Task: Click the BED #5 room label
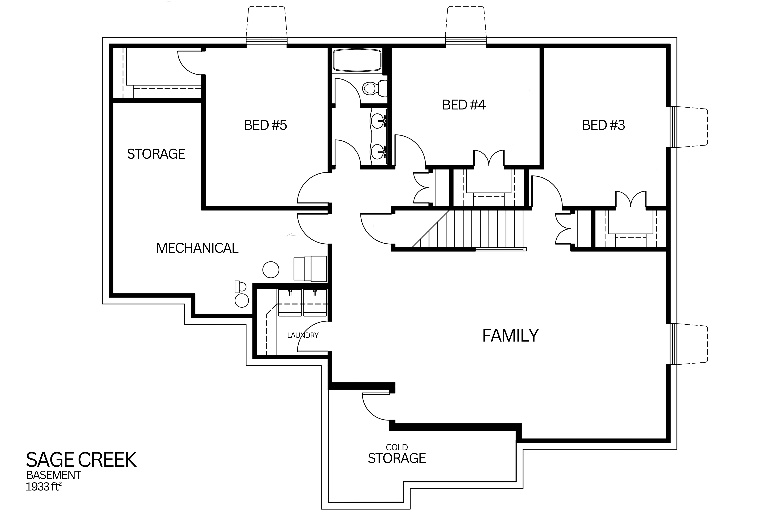tap(265, 125)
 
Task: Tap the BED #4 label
tap(464, 105)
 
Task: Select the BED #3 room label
tap(603, 125)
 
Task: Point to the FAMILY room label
tap(510, 336)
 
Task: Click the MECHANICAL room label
tap(197, 248)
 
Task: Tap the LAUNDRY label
tap(303, 335)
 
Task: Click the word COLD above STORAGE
tap(397, 447)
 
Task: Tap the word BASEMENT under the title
tap(53, 475)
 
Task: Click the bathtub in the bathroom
tap(357, 60)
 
